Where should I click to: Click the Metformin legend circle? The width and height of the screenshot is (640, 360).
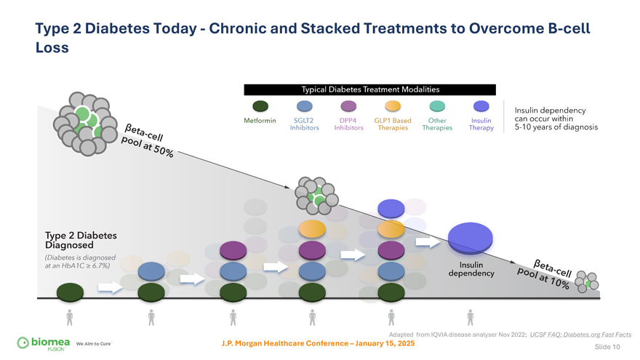point(260,106)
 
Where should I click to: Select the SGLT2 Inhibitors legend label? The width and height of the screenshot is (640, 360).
point(304,124)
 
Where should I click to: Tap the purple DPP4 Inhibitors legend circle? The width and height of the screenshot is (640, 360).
point(348,106)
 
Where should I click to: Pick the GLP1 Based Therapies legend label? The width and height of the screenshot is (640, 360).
point(393,124)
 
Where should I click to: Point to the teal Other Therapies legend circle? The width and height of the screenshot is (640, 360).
point(437,106)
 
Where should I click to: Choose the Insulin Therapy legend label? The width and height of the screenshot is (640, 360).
point(481,124)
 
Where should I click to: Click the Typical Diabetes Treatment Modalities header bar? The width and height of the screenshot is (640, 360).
point(370,89)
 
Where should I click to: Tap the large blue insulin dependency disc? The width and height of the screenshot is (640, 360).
point(471,237)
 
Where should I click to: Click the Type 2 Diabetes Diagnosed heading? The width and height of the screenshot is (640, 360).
point(81,240)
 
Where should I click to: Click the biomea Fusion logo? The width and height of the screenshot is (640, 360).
point(44,343)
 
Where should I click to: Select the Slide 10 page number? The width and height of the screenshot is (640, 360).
point(607,347)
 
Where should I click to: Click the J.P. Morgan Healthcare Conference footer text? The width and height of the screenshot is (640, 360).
point(318,343)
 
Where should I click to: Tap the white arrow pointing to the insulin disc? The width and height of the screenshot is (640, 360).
point(428,241)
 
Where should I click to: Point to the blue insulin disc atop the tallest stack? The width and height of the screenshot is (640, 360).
point(391,209)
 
